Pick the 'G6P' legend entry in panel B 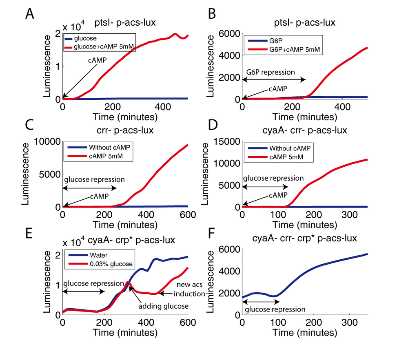click(281, 41)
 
